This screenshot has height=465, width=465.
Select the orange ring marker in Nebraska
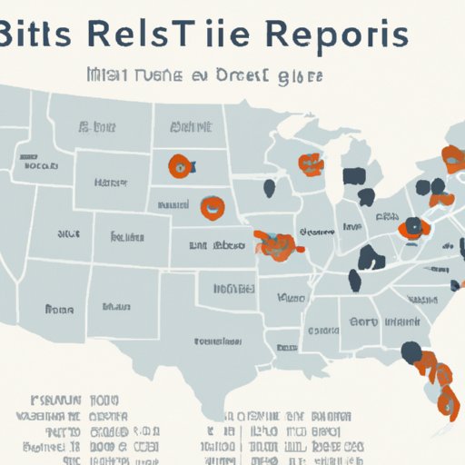click(x=213, y=207)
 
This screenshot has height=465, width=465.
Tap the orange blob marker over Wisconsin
click(x=310, y=163)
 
